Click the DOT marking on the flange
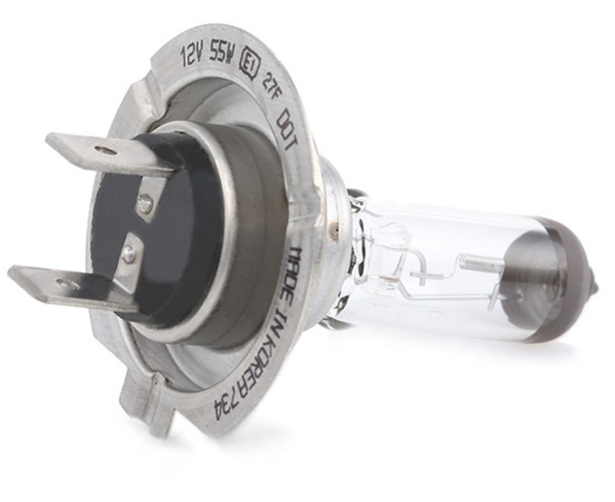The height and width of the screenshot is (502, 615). pos(288,133)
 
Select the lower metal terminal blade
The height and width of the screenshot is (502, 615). pos(72,284)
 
